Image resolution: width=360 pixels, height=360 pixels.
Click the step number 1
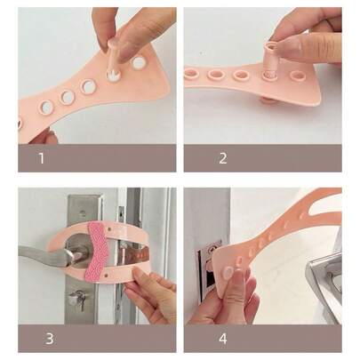coord(42,158)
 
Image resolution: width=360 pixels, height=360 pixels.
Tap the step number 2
coord(223,158)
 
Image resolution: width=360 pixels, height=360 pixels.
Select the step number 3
coord(50,339)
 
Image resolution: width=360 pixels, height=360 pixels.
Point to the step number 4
coord(223,339)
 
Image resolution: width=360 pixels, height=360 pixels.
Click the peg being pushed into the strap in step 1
coord(114,60)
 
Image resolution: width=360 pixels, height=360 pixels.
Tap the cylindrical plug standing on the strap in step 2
coord(270,61)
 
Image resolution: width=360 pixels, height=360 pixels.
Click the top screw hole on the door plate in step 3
coord(83,212)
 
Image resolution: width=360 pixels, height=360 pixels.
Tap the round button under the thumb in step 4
coord(229,271)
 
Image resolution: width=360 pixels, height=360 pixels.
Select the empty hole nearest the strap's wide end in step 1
coord(138,62)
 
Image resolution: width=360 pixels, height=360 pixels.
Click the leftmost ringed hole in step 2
coord(192,73)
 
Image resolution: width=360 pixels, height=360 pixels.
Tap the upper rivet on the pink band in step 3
coord(110,229)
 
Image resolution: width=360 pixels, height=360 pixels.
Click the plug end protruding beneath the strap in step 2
coord(268,100)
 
